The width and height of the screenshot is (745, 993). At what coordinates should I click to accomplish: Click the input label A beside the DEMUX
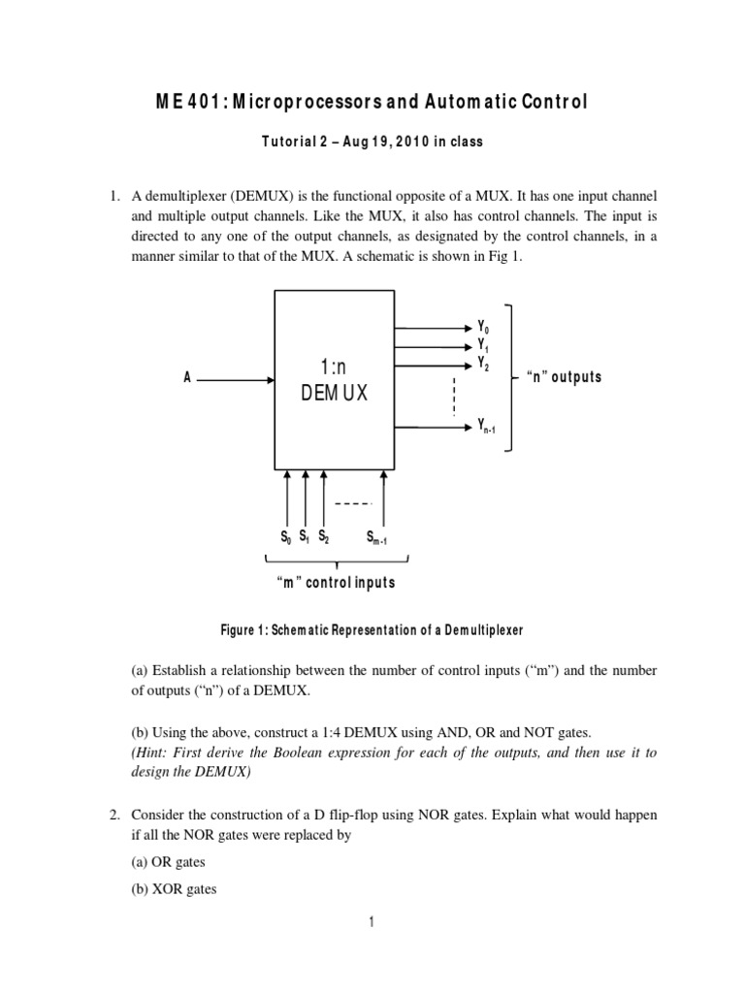click(187, 379)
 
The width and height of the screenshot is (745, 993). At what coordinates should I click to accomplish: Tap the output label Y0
click(482, 328)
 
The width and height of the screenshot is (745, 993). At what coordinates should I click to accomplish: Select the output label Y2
click(482, 363)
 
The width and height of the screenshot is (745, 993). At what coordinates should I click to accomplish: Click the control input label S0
click(285, 536)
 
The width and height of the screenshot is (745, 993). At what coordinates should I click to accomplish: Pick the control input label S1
click(304, 536)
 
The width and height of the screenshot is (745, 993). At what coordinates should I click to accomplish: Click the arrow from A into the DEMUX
click(237, 380)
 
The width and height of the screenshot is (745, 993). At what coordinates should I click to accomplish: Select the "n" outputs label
click(563, 377)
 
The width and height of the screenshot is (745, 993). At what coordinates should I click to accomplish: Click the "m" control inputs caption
click(336, 584)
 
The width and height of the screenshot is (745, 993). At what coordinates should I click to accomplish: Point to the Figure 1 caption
click(372, 630)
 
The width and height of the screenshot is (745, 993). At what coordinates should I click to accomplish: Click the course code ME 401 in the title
click(198, 101)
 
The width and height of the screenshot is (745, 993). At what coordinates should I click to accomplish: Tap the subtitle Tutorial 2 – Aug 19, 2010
click(372, 142)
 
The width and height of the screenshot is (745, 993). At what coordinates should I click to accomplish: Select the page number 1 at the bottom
click(372, 922)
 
